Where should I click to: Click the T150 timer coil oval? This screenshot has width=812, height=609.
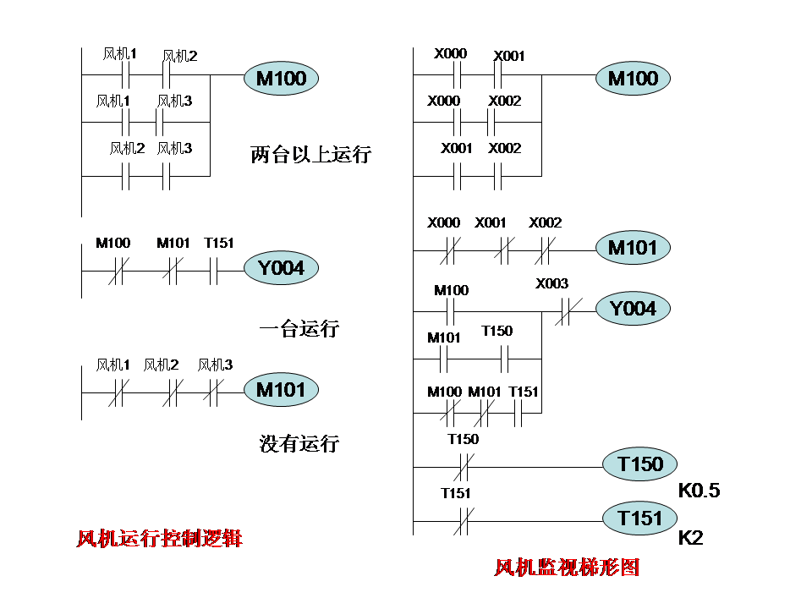tap(639, 464)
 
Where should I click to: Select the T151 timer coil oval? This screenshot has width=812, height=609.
tap(639, 518)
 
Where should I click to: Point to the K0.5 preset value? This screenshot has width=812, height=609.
tap(699, 491)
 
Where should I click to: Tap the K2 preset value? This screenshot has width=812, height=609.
tap(691, 538)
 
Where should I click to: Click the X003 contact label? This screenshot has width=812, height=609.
tap(552, 284)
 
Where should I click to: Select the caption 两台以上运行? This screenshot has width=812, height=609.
tap(310, 155)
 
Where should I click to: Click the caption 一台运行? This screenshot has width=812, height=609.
tap(299, 329)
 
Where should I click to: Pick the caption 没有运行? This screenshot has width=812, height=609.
tap(299, 443)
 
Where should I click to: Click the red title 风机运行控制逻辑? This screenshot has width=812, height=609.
tap(159, 538)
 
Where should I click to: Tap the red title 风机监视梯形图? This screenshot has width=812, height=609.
tap(567, 567)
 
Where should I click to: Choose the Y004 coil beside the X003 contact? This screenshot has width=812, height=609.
tap(634, 309)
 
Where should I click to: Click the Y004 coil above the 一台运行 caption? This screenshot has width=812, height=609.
tap(281, 269)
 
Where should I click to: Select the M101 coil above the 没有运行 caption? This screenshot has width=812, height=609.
tap(281, 390)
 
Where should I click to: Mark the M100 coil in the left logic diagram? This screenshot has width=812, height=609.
tap(281, 80)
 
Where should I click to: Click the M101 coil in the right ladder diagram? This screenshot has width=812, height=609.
tap(633, 248)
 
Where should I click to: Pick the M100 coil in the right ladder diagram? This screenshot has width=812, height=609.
tap(633, 79)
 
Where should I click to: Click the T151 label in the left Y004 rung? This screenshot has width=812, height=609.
tap(219, 244)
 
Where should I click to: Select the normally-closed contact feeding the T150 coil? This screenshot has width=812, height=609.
tap(463, 466)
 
